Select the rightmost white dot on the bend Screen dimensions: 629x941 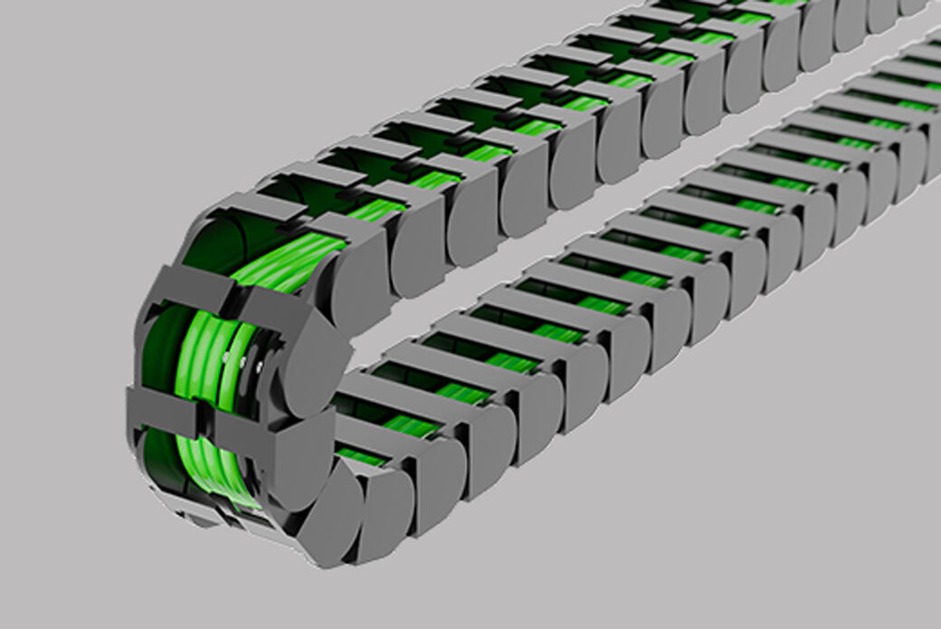click(260, 367)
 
